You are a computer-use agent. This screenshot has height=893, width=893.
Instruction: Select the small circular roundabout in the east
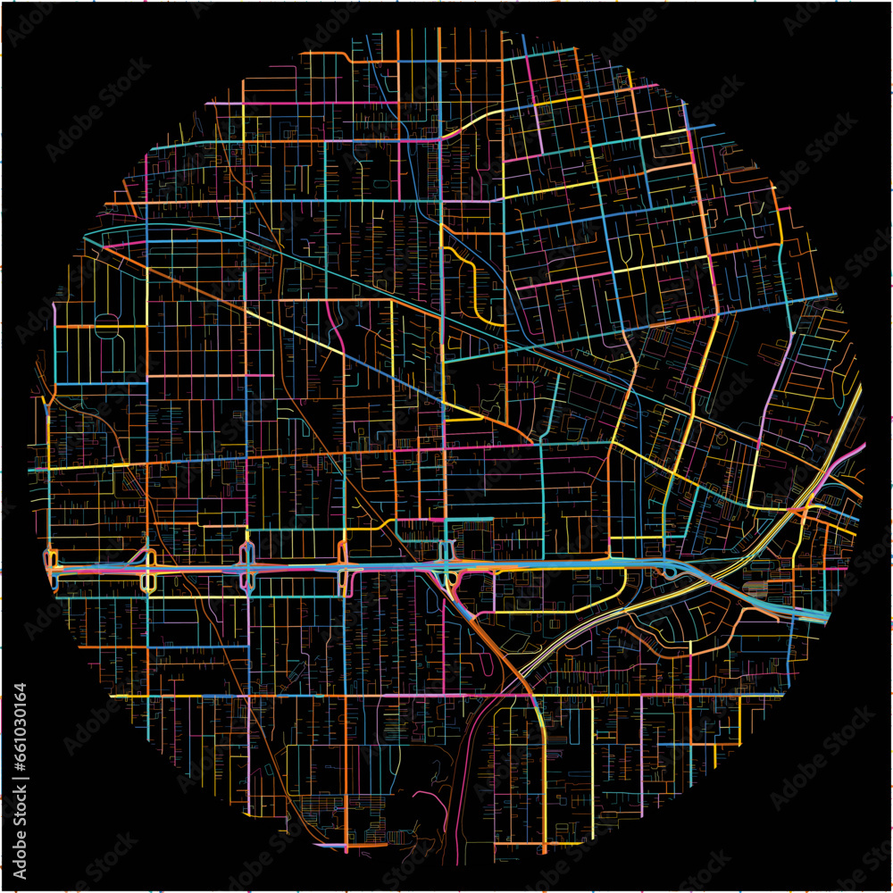click(x=721, y=439)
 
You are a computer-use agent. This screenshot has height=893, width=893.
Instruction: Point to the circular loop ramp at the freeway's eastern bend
click(x=670, y=572)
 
